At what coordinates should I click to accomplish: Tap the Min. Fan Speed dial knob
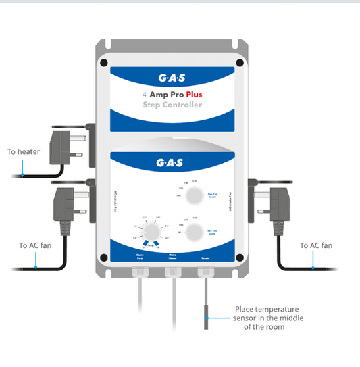(x=194, y=234)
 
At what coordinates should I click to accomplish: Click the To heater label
(x=23, y=152)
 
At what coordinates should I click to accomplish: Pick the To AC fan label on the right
(x=316, y=245)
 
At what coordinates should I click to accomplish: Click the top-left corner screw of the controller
(x=103, y=63)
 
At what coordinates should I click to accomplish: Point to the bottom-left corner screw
(x=103, y=258)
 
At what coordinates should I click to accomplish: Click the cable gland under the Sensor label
(x=205, y=272)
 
